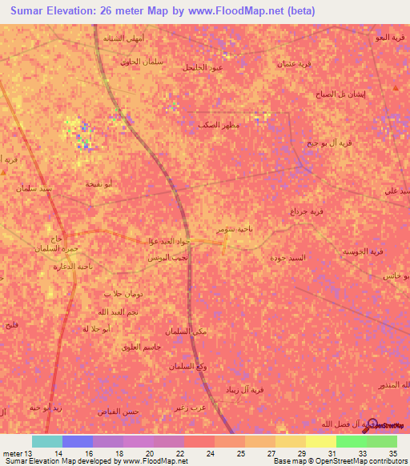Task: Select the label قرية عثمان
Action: point(294,63)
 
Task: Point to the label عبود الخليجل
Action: point(203,67)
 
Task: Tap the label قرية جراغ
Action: point(307,211)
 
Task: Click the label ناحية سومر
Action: point(234,229)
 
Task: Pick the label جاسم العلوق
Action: point(141,346)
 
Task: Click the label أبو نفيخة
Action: point(99,184)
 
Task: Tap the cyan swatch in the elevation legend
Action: point(47,441)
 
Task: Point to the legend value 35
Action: point(392,454)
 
